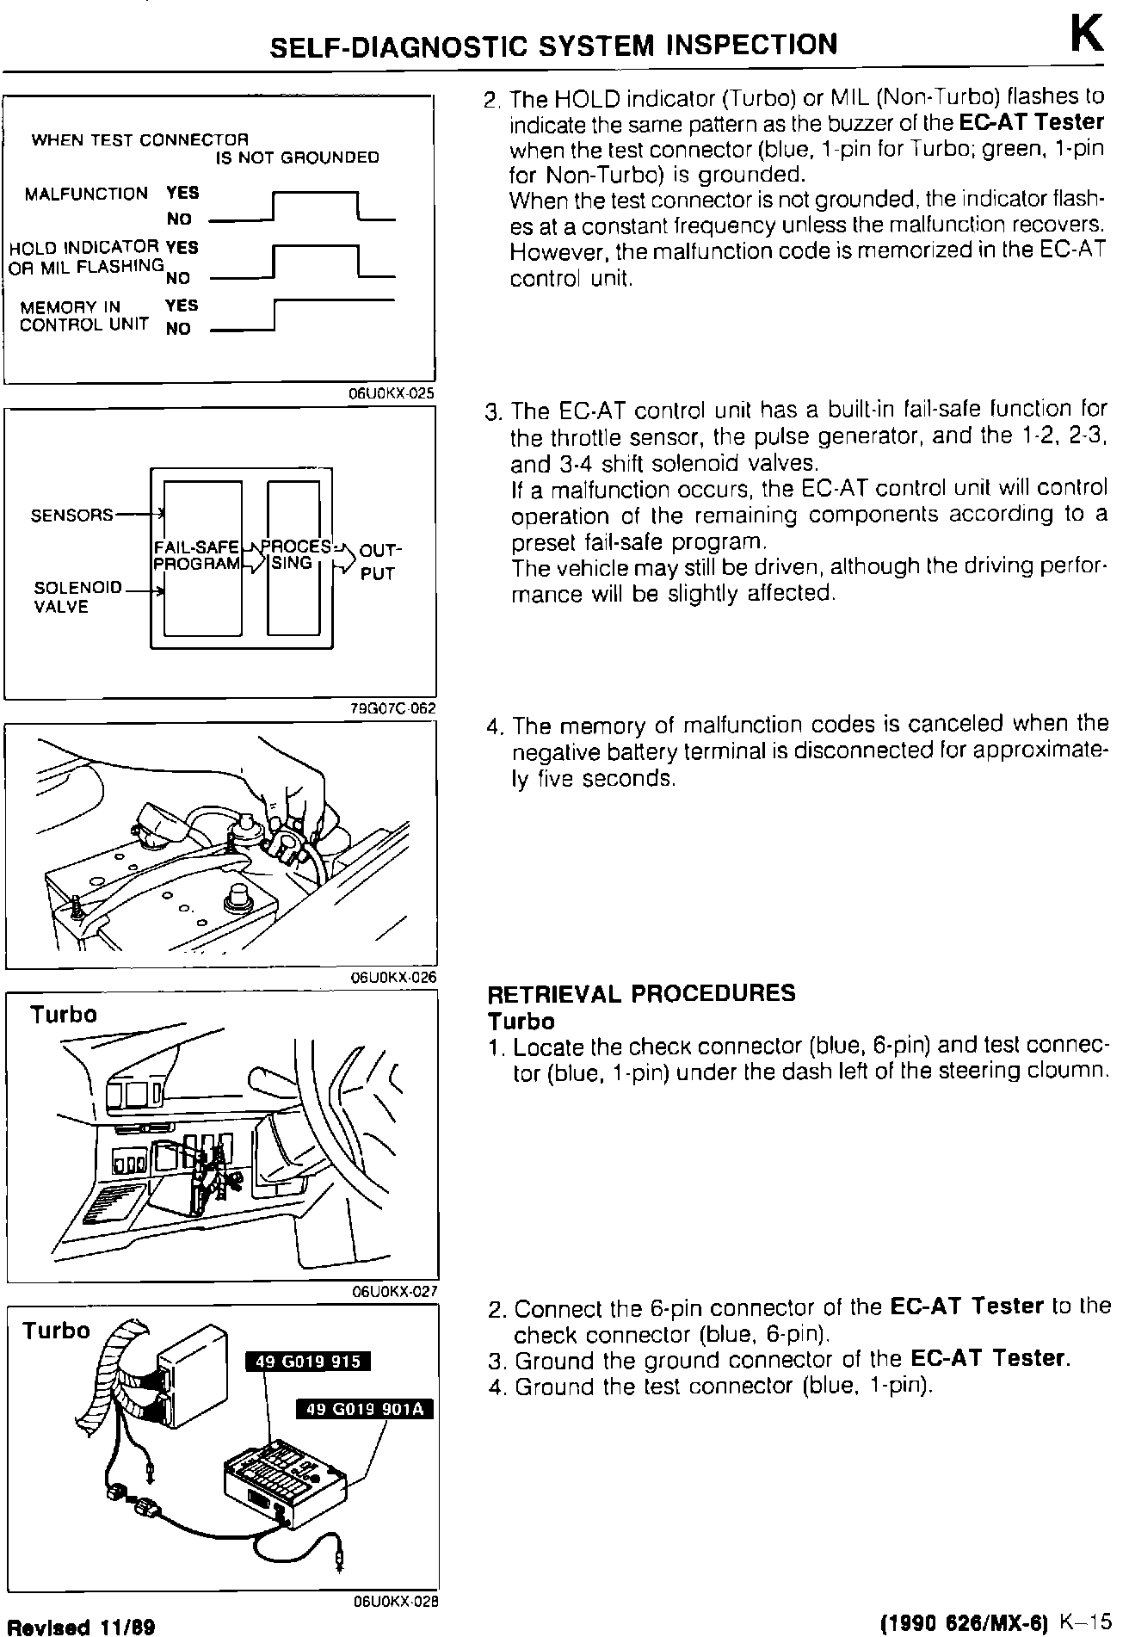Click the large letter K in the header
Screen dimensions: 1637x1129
click(x=1086, y=37)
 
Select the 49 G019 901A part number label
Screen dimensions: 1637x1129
click(x=364, y=1408)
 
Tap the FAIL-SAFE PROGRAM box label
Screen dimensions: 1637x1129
click(x=197, y=555)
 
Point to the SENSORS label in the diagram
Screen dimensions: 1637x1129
click(x=71, y=515)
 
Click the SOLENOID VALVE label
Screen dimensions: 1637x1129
click(x=65, y=597)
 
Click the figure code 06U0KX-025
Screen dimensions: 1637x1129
click(x=392, y=393)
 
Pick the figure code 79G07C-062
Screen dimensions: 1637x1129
click(x=392, y=708)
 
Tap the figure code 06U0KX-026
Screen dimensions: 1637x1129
click(x=393, y=977)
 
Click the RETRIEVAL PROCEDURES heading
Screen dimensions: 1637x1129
click(x=641, y=994)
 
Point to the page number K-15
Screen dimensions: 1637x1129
click(x=1087, y=1622)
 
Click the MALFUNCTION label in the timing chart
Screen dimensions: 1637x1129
click(x=86, y=194)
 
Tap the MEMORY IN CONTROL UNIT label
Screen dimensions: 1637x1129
click(x=83, y=316)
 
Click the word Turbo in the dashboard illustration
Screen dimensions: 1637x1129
click(x=64, y=1014)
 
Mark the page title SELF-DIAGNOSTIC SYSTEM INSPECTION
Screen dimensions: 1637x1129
click(x=553, y=45)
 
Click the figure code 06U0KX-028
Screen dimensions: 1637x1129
click(x=396, y=1602)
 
